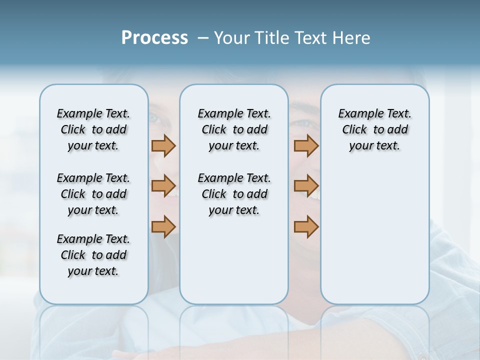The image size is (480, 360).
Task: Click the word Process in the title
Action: tap(154, 38)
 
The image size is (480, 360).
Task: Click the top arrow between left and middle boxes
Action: tap(163, 145)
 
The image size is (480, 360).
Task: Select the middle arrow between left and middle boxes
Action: tap(163, 186)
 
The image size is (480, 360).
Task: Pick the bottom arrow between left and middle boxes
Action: tap(163, 226)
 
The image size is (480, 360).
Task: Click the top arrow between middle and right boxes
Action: tap(306, 145)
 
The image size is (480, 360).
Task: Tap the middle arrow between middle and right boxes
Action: tap(306, 186)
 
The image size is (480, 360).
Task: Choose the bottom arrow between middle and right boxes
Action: tap(306, 226)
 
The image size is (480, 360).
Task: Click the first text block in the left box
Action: tap(93, 129)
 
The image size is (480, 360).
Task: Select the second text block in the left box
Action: tap(93, 194)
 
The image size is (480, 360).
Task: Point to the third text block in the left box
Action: tap(93, 255)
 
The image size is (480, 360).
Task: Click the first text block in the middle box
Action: tap(234, 129)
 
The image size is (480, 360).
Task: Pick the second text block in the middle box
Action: tap(234, 194)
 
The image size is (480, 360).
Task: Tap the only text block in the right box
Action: tap(374, 129)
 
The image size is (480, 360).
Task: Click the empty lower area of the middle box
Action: tap(234, 260)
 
